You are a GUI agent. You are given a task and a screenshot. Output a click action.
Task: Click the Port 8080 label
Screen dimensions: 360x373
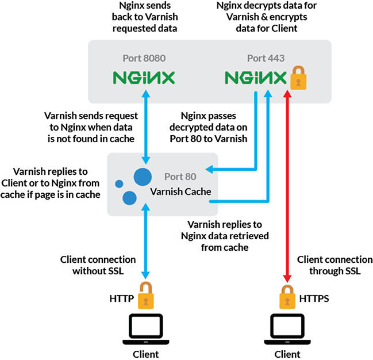[x=144, y=58]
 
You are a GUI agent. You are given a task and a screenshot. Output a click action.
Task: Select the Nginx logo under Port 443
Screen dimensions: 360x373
[x=256, y=78]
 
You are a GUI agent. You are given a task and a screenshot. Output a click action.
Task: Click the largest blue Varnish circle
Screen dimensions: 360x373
[x=143, y=176]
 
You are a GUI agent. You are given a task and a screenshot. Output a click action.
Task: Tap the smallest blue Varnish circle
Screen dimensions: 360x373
[x=119, y=184]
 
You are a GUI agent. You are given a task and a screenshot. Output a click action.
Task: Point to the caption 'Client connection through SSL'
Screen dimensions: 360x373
[x=329, y=265]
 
